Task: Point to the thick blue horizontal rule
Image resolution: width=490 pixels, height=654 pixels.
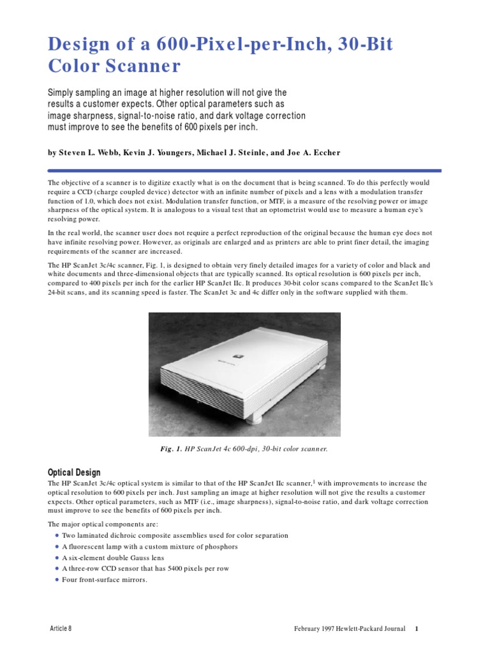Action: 244,171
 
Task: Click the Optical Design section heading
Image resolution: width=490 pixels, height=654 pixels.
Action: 74,473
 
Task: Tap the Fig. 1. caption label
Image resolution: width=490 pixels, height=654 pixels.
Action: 171,449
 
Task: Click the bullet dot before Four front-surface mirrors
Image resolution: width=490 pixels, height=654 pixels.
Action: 57,580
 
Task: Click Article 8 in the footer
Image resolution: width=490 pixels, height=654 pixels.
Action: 61,628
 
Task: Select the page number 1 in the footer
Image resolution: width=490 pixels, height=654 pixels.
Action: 416,628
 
